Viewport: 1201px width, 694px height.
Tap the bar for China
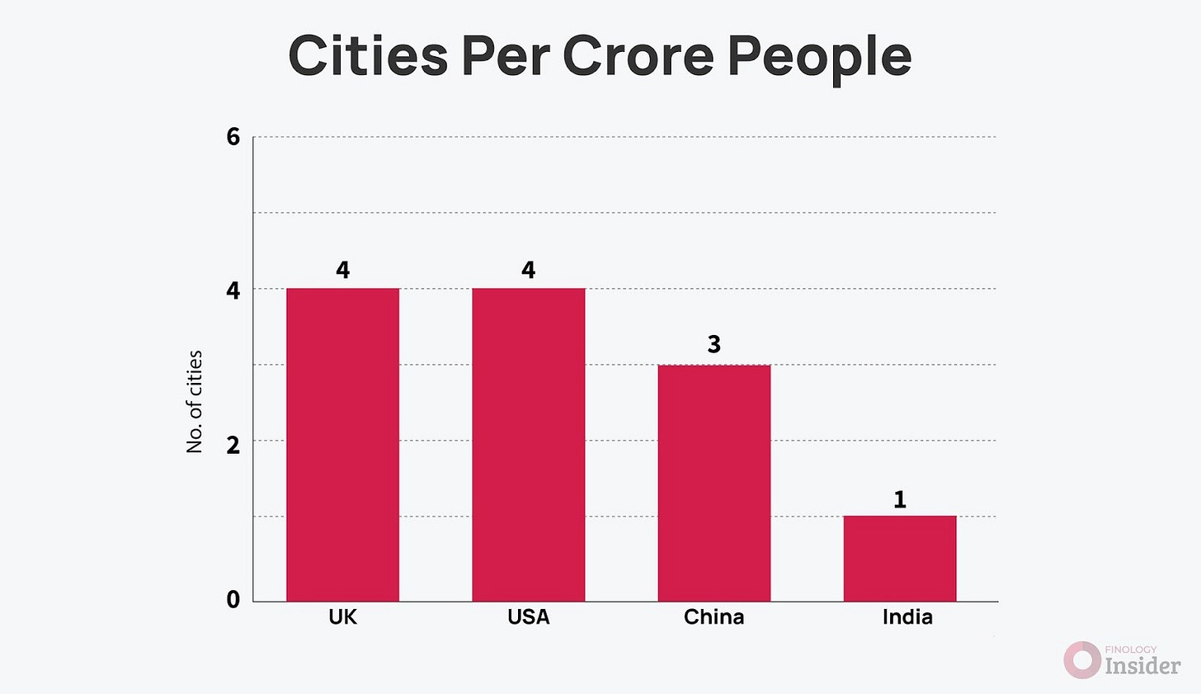[714, 483]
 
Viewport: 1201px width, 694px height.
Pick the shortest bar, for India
[899, 559]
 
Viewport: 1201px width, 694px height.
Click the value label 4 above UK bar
[342, 270]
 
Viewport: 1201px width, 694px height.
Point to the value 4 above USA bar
[528, 270]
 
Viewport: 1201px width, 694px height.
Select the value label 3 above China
[714, 344]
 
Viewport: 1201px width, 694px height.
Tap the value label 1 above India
[900, 499]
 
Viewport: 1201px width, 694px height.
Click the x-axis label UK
[342, 617]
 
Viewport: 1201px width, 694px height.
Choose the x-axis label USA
[528, 617]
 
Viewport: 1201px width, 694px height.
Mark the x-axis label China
[714, 617]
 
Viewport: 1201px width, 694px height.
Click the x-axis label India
[907, 617]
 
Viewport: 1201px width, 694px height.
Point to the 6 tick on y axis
[233, 137]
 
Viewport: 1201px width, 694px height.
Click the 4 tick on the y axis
[233, 290]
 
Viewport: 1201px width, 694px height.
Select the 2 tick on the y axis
[233, 445]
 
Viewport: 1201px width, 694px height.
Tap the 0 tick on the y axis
[233, 600]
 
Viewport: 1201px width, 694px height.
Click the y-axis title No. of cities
[195, 402]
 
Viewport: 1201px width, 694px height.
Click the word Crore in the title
[639, 56]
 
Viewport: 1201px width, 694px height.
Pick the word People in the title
[821, 56]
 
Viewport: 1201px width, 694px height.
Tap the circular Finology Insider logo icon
[1081, 660]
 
